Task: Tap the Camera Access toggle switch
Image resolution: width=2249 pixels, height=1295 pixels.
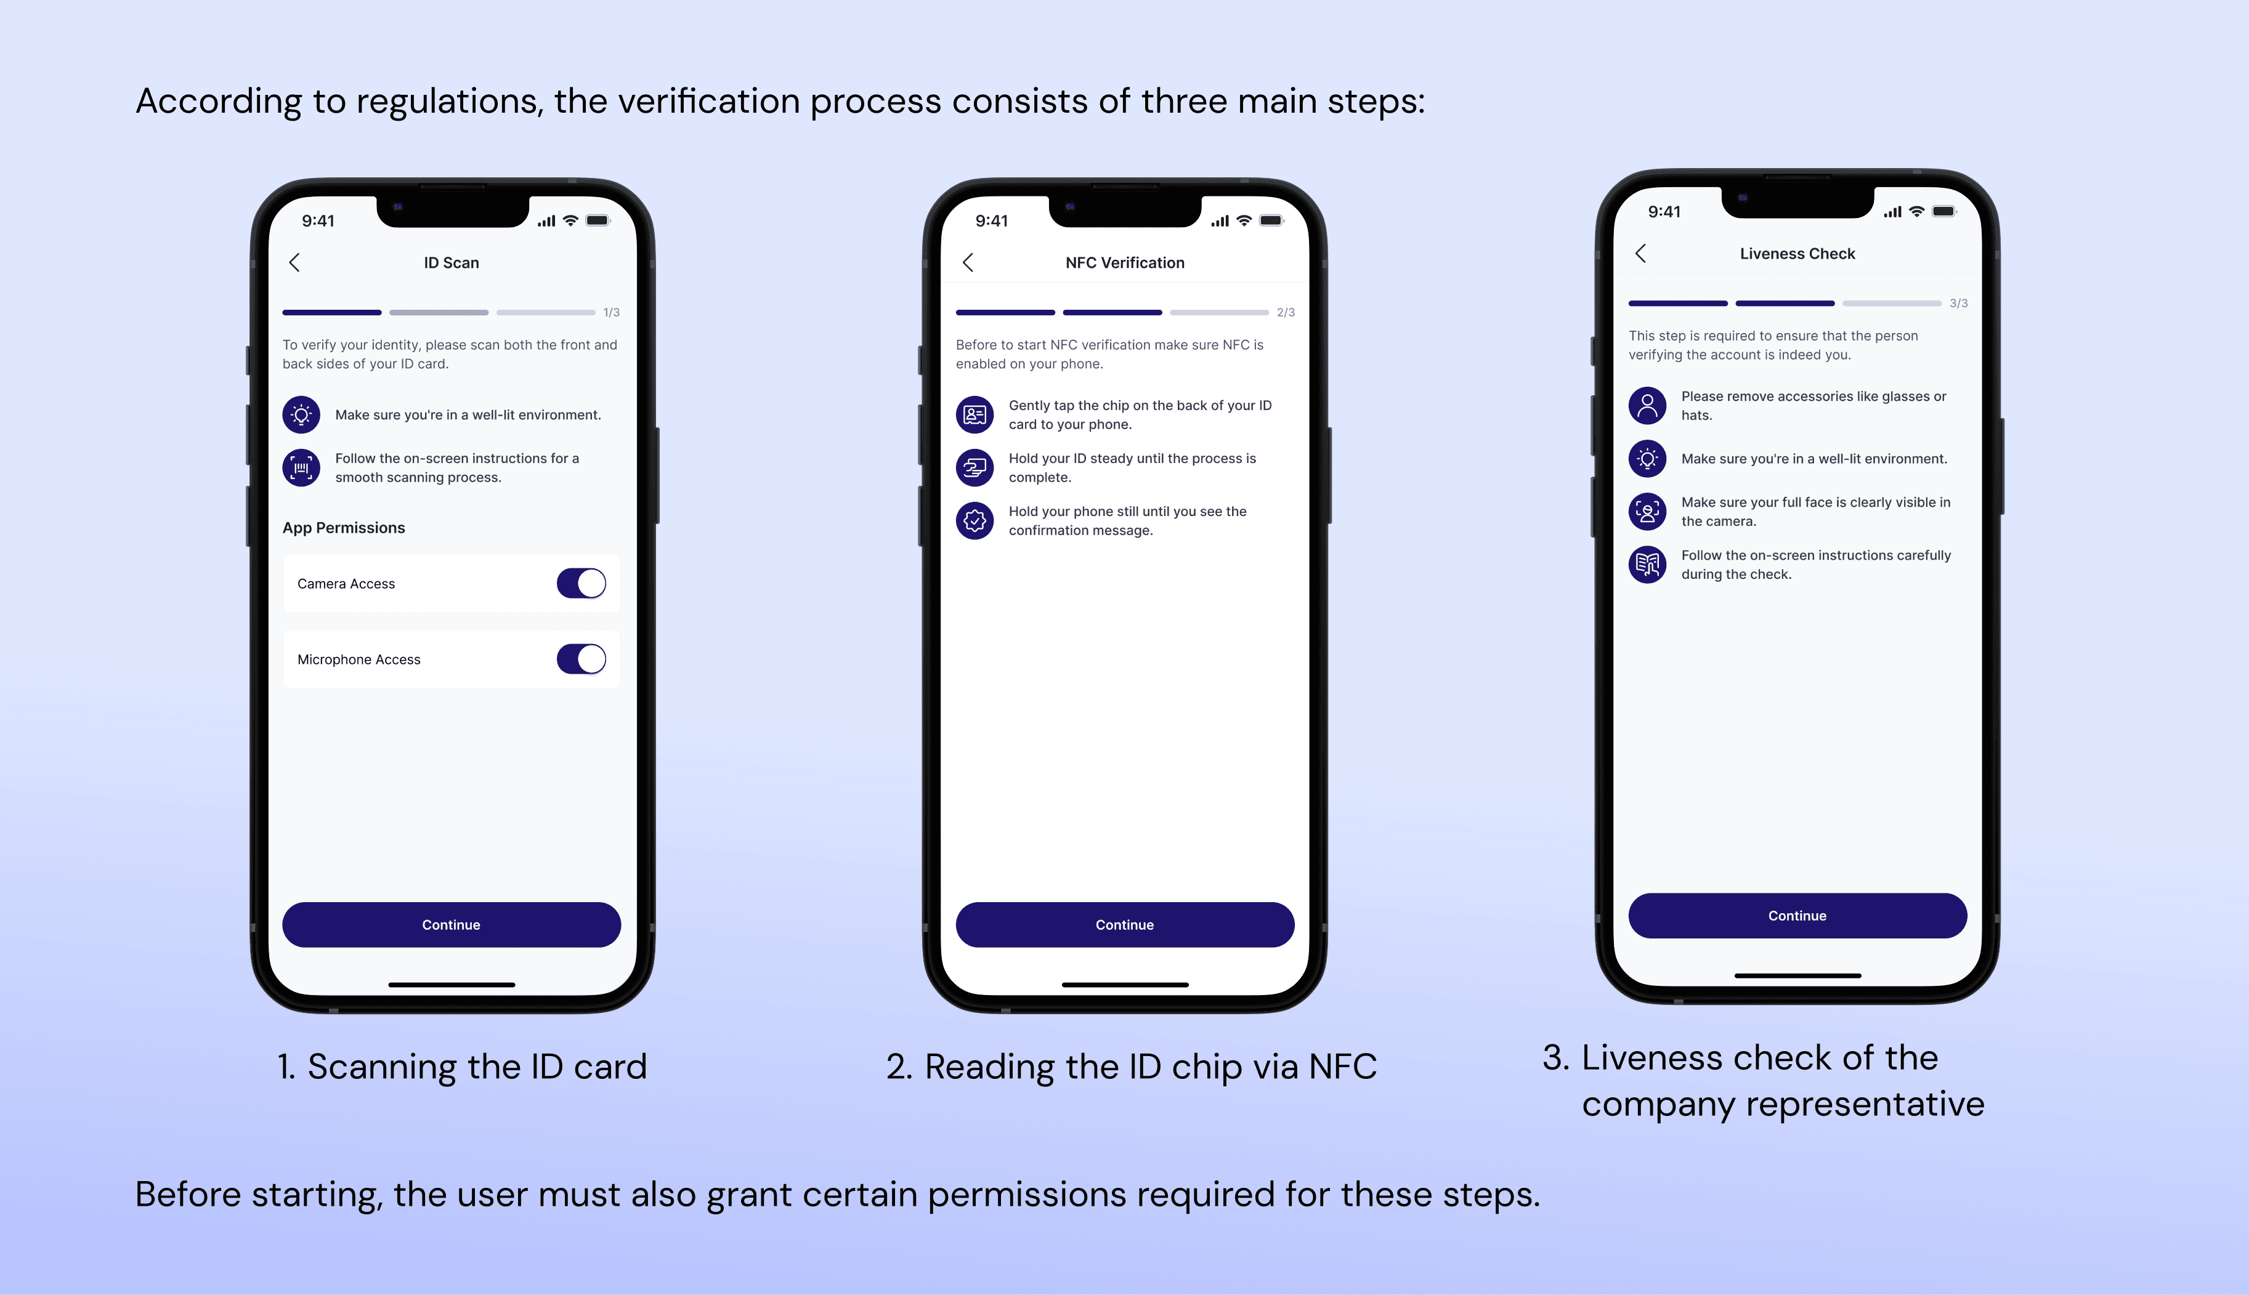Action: click(581, 584)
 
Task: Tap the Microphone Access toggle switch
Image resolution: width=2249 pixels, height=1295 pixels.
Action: click(581, 659)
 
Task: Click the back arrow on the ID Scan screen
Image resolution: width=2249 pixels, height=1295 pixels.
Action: click(294, 262)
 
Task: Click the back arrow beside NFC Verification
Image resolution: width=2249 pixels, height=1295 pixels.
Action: click(968, 262)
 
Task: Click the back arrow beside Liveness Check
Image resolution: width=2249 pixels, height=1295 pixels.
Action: click(1640, 254)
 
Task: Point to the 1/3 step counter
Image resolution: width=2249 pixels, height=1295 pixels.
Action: click(611, 312)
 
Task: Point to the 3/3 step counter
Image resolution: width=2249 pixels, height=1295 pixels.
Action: click(1958, 304)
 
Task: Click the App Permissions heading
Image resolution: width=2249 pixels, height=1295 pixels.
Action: click(343, 528)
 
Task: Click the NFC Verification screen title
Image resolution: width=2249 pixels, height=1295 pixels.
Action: click(1125, 262)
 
